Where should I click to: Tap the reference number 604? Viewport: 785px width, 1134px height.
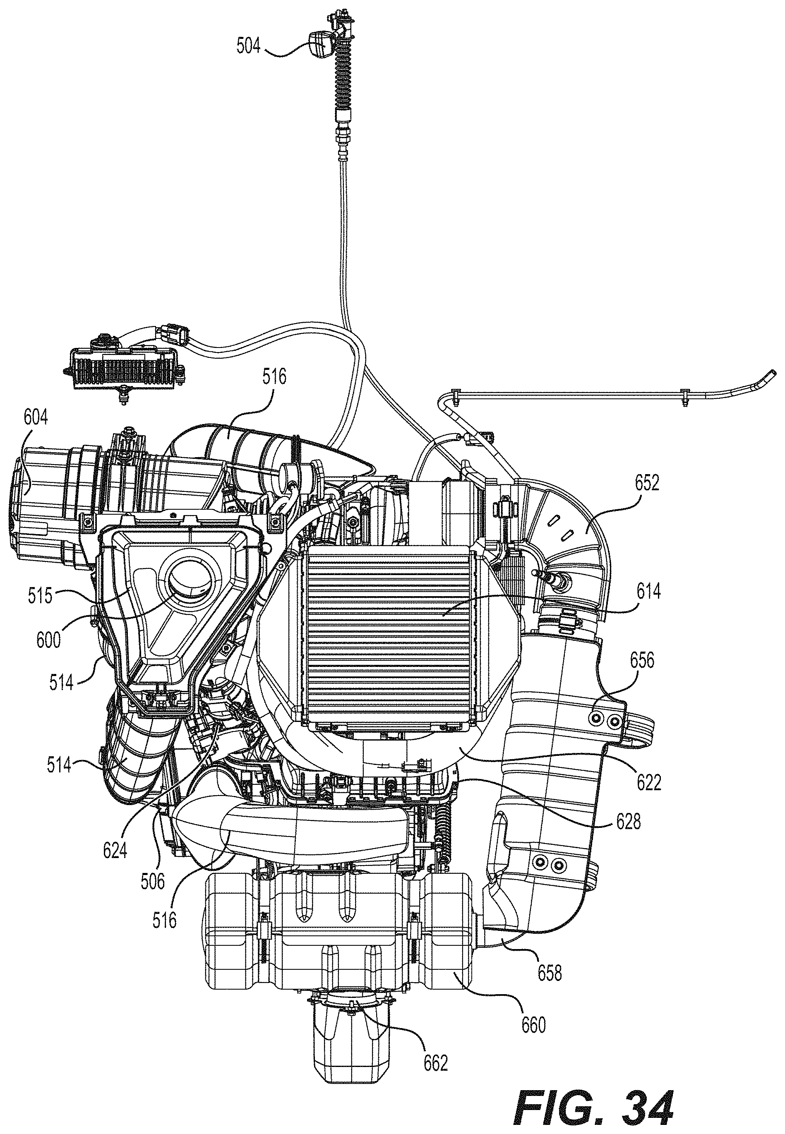(x=36, y=419)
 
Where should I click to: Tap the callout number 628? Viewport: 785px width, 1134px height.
(x=627, y=821)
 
